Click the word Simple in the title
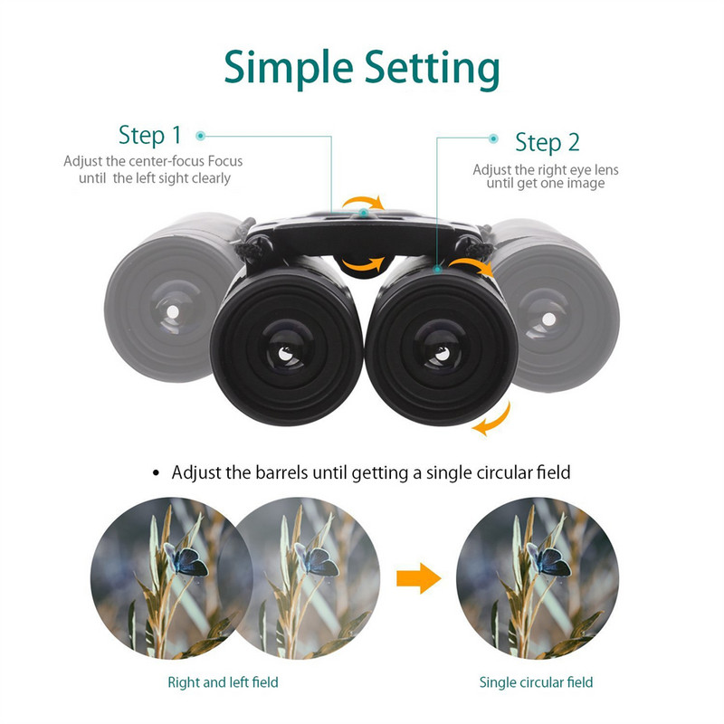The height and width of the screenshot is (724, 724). (286, 69)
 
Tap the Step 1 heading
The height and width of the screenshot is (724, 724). (150, 136)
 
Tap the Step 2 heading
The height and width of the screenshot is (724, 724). (548, 142)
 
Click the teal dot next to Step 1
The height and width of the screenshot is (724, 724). (201, 136)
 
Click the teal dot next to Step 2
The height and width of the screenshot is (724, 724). (493, 138)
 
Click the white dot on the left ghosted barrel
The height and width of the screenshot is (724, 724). (171, 312)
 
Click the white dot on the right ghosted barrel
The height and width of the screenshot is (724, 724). (549, 318)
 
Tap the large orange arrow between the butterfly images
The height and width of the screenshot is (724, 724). (419, 576)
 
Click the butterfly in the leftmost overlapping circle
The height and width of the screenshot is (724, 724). (186, 558)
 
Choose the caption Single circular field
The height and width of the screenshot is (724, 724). (537, 682)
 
